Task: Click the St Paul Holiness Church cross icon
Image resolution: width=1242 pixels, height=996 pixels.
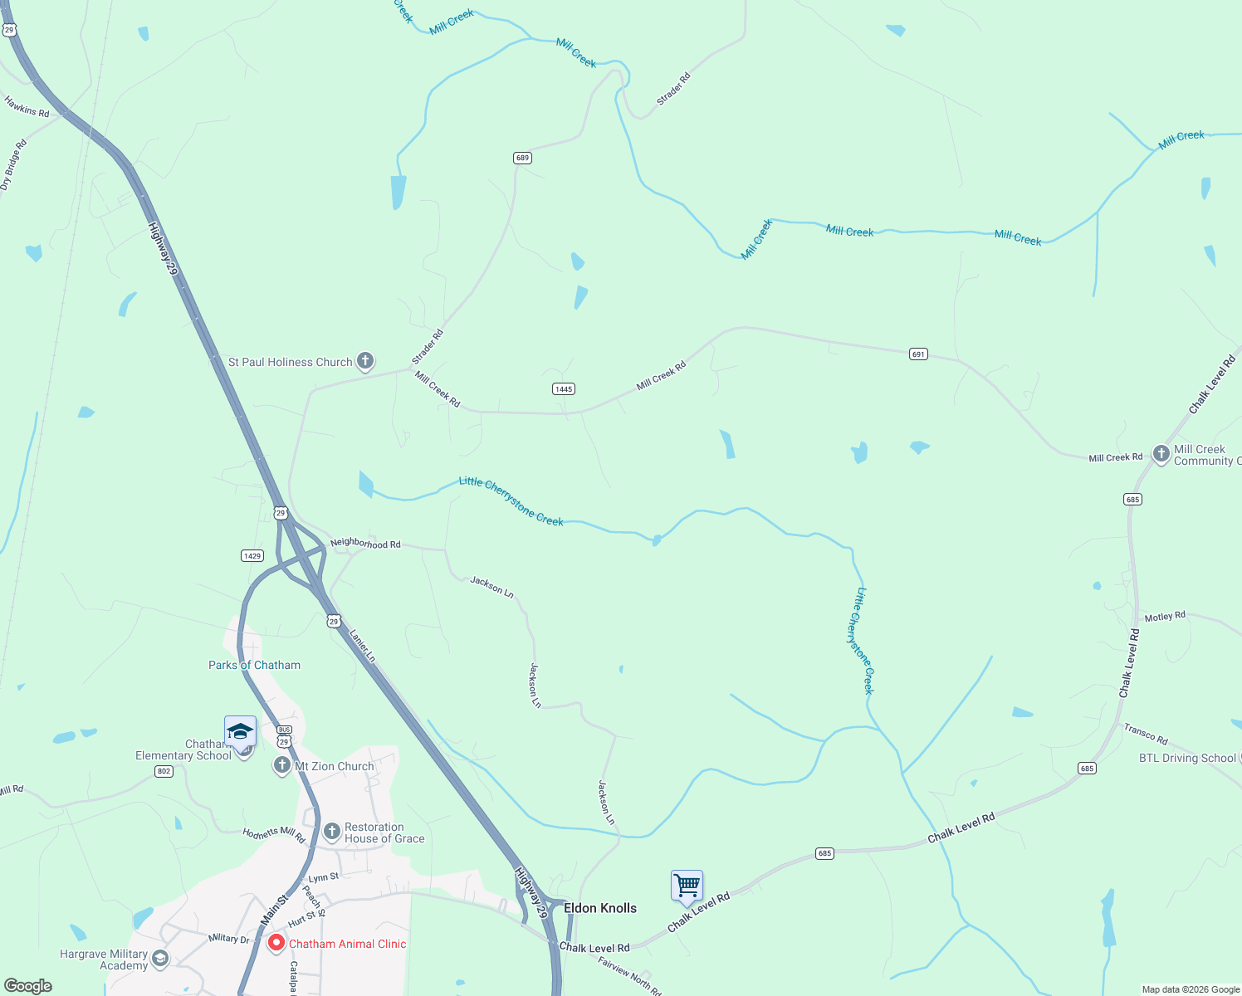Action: pyautogui.click(x=365, y=361)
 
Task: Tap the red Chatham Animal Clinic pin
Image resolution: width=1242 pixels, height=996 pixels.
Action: pyautogui.click(x=276, y=944)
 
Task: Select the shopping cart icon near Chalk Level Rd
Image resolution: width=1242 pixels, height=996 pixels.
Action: pyautogui.click(x=687, y=886)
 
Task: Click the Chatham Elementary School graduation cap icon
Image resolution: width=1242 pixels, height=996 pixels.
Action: pyautogui.click(x=240, y=732)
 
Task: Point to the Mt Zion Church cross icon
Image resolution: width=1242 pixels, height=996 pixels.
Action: pyautogui.click(x=282, y=765)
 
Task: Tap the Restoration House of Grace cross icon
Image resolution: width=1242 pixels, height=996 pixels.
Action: pyautogui.click(x=332, y=832)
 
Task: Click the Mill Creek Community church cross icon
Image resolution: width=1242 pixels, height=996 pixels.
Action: pyautogui.click(x=1161, y=454)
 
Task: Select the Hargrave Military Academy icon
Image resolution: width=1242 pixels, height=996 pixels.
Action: pyautogui.click(x=160, y=959)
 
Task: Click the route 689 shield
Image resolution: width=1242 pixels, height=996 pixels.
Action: pyautogui.click(x=522, y=158)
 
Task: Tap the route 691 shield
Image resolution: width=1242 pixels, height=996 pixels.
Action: pyautogui.click(x=918, y=354)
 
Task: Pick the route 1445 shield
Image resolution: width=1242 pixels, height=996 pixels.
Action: pyautogui.click(x=564, y=388)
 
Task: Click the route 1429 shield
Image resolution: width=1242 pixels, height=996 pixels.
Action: pyautogui.click(x=252, y=555)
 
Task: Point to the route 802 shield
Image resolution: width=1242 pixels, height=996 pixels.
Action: pyautogui.click(x=164, y=771)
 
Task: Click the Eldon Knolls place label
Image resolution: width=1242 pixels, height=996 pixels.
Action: pyautogui.click(x=600, y=908)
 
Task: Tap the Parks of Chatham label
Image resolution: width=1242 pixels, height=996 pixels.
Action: pyautogui.click(x=254, y=665)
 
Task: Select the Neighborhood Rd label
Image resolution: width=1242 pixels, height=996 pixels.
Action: pyautogui.click(x=365, y=544)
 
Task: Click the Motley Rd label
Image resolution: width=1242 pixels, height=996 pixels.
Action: pyautogui.click(x=1165, y=617)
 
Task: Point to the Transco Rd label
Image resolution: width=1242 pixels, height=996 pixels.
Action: pyautogui.click(x=1146, y=734)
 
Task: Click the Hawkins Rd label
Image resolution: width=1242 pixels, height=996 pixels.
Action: pyautogui.click(x=27, y=106)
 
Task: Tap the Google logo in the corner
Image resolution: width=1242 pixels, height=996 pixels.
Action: pyautogui.click(x=28, y=986)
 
